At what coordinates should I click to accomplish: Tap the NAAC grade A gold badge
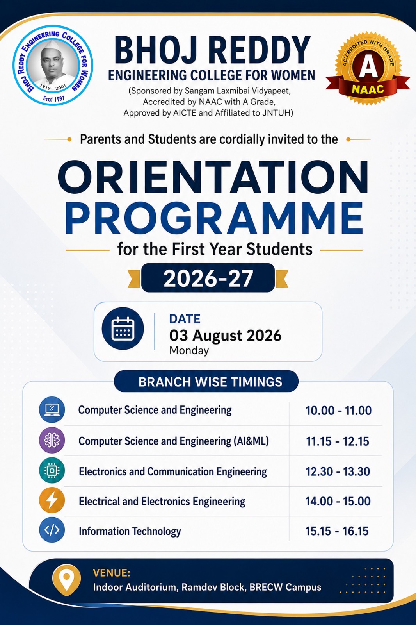[x=368, y=68]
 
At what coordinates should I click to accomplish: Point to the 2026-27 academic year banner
[x=208, y=278]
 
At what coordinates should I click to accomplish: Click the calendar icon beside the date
[x=123, y=329]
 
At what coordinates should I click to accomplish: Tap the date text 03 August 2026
[x=225, y=336]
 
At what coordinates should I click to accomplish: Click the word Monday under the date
[x=189, y=350]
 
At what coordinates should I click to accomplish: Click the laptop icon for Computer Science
[x=52, y=410]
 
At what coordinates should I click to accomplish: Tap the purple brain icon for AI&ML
[x=52, y=440]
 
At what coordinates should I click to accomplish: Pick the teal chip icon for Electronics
[x=52, y=470]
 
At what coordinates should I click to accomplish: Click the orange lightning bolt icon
[x=52, y=500]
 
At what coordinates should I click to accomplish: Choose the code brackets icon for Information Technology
[x=52, y=530]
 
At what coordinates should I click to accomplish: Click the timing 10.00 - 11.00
[x=338, y=411]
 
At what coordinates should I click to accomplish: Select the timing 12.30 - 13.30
[x=338, y=471]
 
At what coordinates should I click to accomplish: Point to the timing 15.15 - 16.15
[x=337, y=531]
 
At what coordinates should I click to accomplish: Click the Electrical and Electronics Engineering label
[x=162, y=502]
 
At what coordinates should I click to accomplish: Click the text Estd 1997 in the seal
[x=53, y=98]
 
